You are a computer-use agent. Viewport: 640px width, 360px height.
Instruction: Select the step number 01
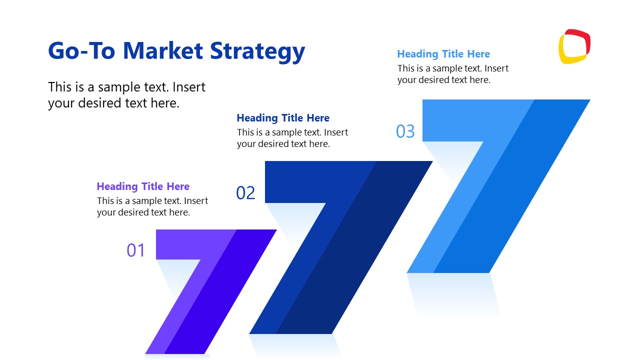click(x=135, y=250)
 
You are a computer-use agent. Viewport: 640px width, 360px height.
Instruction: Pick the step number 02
click(x=245, y=192)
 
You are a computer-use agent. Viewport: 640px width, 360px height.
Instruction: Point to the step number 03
click(x=405, y=131)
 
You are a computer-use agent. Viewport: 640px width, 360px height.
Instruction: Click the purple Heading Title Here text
click(x=143, y=186)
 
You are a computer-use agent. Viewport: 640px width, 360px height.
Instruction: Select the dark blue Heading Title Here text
click(x=283, y=118)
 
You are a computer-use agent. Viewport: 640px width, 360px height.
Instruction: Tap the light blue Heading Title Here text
click(x=443, y=54)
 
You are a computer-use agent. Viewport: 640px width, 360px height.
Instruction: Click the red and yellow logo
click(x=574, y=46)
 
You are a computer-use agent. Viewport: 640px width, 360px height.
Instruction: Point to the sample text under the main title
click(x=126, y=95)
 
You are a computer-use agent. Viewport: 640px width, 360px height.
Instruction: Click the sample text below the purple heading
click(x=152, y=206)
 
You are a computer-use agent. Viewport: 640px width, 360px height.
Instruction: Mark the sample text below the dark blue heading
click(x=292, y=138)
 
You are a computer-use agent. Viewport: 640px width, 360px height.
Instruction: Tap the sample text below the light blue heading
click(x=452, y=74)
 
